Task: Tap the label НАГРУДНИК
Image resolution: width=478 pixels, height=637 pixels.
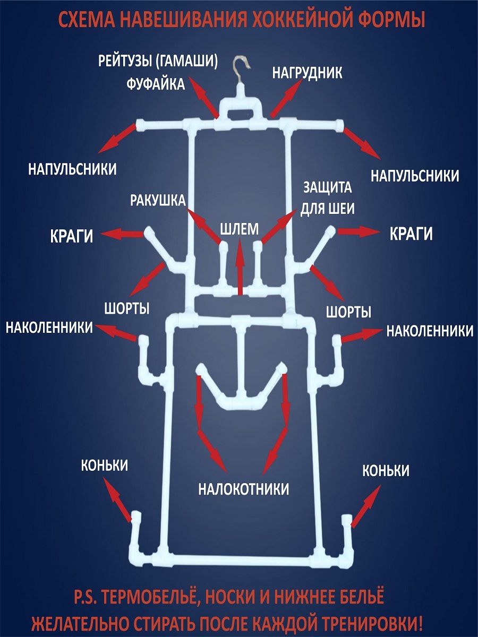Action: click(x=307, y=73)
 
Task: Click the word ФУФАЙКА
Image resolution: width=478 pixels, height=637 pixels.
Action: click(x=156, y=84)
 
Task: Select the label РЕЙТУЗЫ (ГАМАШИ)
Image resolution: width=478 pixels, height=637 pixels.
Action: click(x=158, y=61)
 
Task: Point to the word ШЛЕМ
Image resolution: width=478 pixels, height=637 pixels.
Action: click(x=240, y=229)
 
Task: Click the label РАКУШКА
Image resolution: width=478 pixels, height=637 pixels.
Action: click(x=158, y=200)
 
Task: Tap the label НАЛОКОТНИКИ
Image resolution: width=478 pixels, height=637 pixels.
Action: click(x=244, y=489)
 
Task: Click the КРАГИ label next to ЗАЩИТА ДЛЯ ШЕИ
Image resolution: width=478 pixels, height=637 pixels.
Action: click(x=411, y=234)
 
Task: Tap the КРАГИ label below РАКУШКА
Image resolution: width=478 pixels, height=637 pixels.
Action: click(x=71, y=236)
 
